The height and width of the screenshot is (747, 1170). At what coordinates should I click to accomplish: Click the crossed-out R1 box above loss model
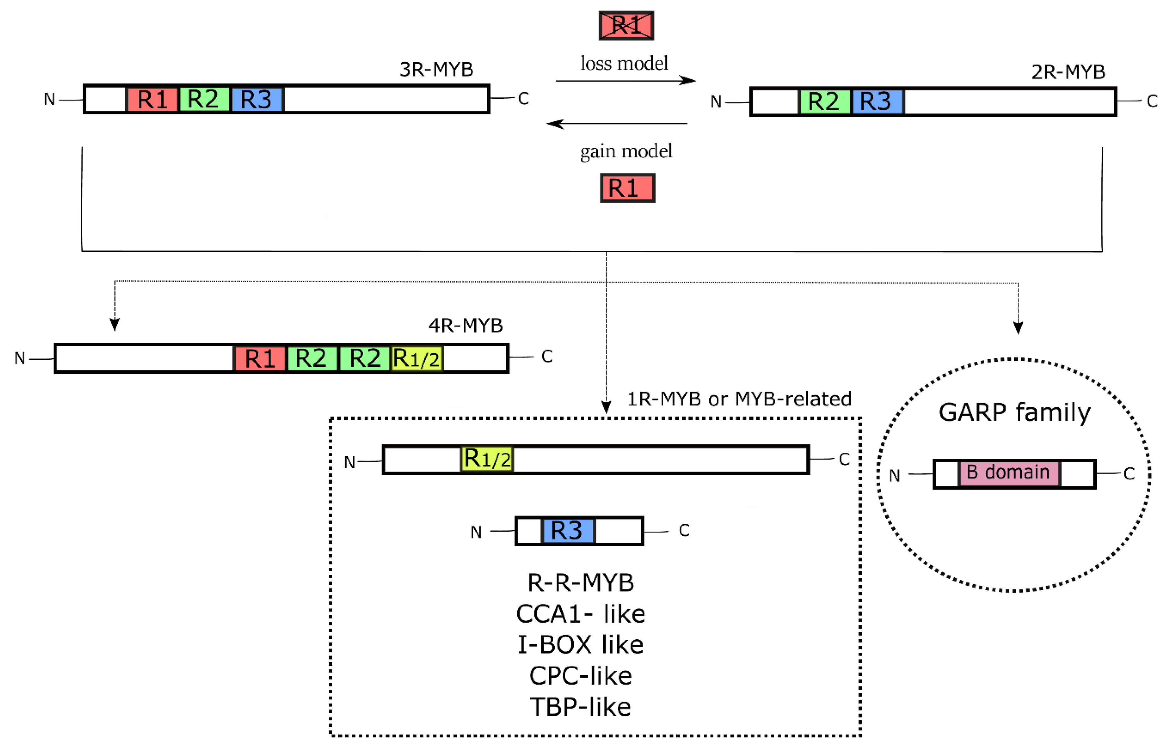(626, 26)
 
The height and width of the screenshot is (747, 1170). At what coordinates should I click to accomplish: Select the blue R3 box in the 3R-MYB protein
(257, 100)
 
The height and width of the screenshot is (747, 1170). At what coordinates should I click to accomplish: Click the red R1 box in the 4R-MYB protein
(260, 359)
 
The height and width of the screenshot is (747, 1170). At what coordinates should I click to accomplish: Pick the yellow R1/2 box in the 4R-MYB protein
(416, 359)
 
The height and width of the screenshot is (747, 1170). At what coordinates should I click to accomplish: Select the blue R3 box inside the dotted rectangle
(567, 531)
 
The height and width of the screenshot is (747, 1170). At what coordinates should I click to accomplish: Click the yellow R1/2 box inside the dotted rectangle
(487, 459)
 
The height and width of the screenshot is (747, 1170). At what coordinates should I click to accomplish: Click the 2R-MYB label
(1068, 72)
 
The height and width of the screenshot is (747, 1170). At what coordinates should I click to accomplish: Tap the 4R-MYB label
(465, 325)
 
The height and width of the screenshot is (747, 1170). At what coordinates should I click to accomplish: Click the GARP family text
(1015, 413)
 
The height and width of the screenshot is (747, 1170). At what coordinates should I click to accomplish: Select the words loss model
(624, 63)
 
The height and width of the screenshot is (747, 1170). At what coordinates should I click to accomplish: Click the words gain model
(626, 151)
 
